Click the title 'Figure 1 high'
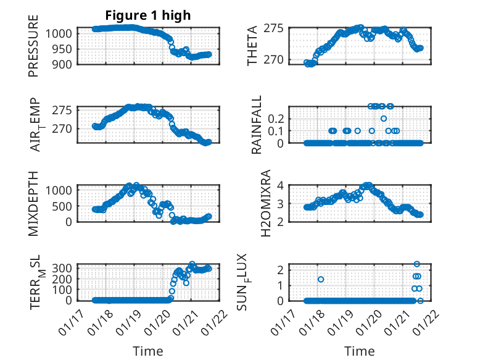coord(147,15)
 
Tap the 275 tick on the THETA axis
coord(274,28)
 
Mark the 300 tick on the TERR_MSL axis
coord(65,267)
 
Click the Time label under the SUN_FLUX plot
coord(359,351)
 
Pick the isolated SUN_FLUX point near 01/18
coord(321,279)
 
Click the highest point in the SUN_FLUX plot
coord(417,264)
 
